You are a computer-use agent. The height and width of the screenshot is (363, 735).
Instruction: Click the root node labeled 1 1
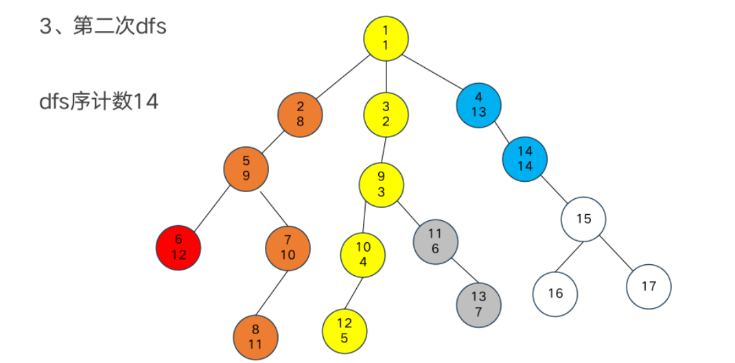[x=386, y=38]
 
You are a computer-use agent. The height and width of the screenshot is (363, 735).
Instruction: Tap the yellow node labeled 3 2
[x=386, y=114]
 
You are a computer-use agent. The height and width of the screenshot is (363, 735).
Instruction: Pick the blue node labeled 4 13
[x=478, y=105]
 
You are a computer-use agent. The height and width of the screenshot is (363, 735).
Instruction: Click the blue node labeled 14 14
[x=525, y=158]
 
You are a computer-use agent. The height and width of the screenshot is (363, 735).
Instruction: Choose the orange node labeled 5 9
[x=246, y=168]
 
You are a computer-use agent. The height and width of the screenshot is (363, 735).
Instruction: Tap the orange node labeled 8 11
[x=255, y=337]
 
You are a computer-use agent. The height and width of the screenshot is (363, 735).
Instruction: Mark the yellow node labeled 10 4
[x=363, y=255]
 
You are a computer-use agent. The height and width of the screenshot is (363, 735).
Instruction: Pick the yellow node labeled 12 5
[x=345, y=329]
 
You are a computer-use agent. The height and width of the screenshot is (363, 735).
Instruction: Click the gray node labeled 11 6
[x=435, y=242]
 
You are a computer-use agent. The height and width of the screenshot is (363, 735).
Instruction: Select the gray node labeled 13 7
[x=479, y=304]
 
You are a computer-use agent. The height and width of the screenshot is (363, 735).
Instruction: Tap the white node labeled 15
[x=583, y=220]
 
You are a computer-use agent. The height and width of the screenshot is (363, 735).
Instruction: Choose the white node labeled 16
[x=555, y=294]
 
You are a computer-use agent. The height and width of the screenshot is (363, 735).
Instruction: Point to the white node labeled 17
[x=649, y=286]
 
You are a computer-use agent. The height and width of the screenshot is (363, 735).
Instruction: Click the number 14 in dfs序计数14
[x=145, y=102]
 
